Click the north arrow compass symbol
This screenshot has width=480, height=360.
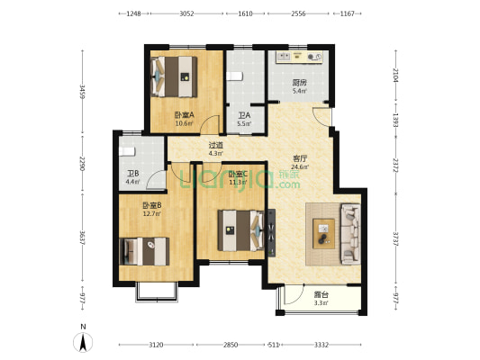click(x=83, y=342)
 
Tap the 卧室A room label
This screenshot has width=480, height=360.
click(x=185, y=115)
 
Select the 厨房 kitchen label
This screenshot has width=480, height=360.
click(x=299, y=83)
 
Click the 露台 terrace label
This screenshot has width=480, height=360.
click(x=322, y=295)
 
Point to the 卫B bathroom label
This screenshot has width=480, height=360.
click(x=133, y=174)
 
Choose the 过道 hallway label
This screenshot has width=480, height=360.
click(x=216, y=145)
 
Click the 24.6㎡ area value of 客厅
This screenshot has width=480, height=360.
click(x=300, y=167)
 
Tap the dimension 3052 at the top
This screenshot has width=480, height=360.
click(x=186, y=13)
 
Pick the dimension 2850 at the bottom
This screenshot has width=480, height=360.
click(x=231, y=345)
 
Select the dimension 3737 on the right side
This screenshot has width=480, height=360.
click(x=395, y=238)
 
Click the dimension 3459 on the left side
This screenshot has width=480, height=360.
click(x=82, y=92)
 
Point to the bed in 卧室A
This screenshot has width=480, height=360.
click(x=174, y=76)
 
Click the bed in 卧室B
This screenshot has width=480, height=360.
click(x=144, y=251)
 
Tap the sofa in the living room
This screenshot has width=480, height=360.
click(x=350, y=234)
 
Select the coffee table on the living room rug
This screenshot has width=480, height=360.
click(x=323, y=234)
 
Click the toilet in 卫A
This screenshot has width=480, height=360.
click(x=234, y=76)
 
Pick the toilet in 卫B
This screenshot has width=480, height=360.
click(x=127, y=151)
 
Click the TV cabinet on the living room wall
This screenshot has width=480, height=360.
click(x=272, y=233)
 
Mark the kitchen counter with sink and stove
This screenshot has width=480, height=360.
click(x=299, y=58)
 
